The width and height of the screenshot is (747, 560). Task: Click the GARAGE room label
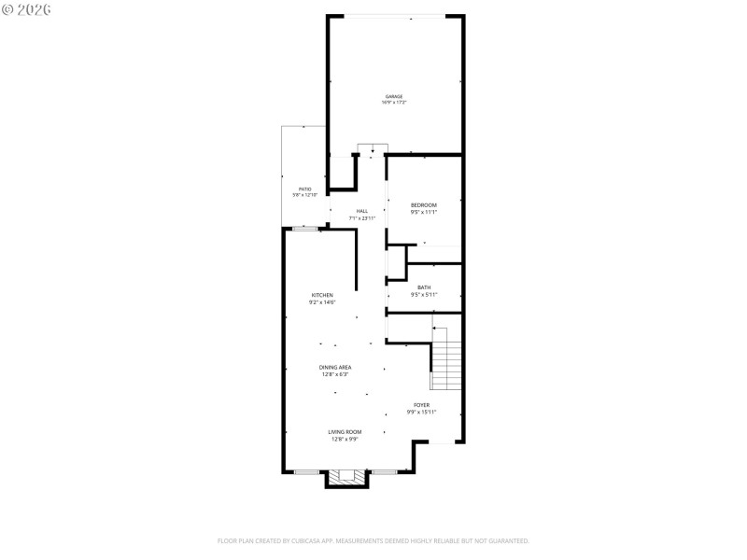point(395,96)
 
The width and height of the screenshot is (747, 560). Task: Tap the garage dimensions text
point(395,103)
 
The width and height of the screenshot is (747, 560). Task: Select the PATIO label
point(305,189)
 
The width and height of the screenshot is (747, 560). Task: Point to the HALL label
point(362,211)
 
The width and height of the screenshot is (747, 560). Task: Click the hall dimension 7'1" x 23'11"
point(362,218)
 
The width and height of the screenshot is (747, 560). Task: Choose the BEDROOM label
point(424,205)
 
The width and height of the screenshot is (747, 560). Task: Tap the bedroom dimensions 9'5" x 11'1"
point(424,213)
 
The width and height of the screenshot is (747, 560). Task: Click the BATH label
point(424,287)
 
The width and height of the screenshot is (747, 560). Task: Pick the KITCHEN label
point(322,295)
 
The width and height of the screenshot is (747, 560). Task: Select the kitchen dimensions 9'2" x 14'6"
point(322,302)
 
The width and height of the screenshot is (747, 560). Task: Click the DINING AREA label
point(336,368)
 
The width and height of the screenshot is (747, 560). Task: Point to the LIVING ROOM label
point(345,432)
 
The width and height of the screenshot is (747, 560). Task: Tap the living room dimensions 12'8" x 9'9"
point(345,440)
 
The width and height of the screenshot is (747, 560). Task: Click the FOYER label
point(422,404)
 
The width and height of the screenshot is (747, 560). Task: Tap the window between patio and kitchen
point(305,229)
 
